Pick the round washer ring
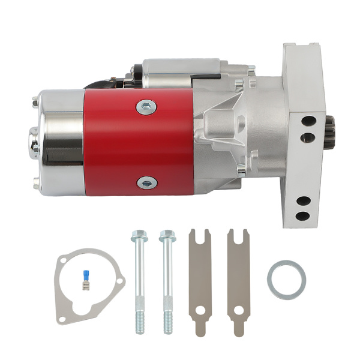[x=286, y=280]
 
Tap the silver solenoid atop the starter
[x=180, y=69]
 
